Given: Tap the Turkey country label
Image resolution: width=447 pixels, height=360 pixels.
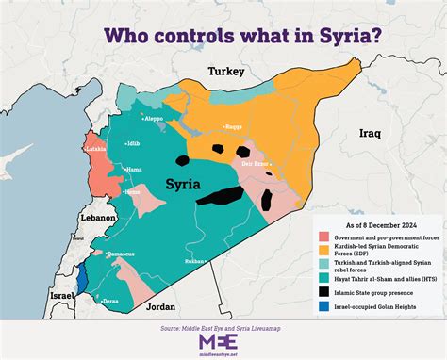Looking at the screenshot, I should tap(226, 72).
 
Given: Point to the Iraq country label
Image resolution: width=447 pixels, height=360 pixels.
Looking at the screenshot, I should tap(370, 135).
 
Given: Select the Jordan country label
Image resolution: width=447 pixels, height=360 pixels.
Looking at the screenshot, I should tap(162, 306).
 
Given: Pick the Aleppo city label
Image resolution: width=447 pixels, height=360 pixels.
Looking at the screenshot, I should tap(153, 119).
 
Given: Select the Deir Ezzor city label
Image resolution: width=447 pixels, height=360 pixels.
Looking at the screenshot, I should tap(257, 162).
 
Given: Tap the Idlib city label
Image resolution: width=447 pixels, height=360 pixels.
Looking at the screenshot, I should tap(135, 144).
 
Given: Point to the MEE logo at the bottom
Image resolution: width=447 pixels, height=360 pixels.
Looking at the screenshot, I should tap(223, 340).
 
